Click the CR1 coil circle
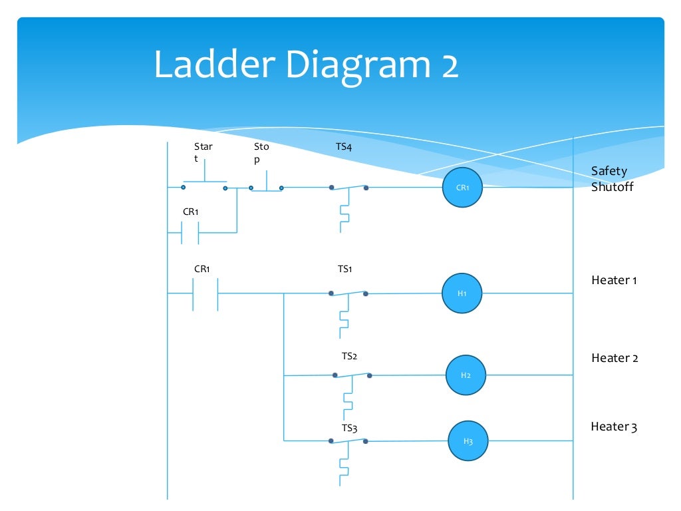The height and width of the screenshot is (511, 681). pos(462,188)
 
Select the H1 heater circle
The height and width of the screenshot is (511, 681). pos(462,293)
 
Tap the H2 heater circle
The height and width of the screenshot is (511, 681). pos(466,375)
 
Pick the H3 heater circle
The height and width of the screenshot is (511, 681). pos(468,440)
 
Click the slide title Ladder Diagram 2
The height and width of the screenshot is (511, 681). pos(306,66)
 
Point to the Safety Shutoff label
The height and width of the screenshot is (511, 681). pos(612,179)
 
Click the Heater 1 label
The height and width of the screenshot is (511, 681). pos(614,280)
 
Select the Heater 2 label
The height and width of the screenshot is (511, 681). pos(614,358)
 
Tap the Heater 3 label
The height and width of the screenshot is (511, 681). pos(614,426)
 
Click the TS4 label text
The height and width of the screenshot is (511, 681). pos(344,146)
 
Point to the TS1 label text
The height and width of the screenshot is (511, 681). pos(344,269)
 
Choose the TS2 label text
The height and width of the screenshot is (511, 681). pos(349,357)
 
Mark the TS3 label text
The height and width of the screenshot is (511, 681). pos(350,428)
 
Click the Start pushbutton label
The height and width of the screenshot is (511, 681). pos(203,152)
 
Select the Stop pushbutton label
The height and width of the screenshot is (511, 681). pos(261,152)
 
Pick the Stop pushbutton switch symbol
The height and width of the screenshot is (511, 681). pos(266,184)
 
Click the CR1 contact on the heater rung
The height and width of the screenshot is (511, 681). pos(205,293)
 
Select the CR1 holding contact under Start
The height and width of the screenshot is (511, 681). pos(190,232)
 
